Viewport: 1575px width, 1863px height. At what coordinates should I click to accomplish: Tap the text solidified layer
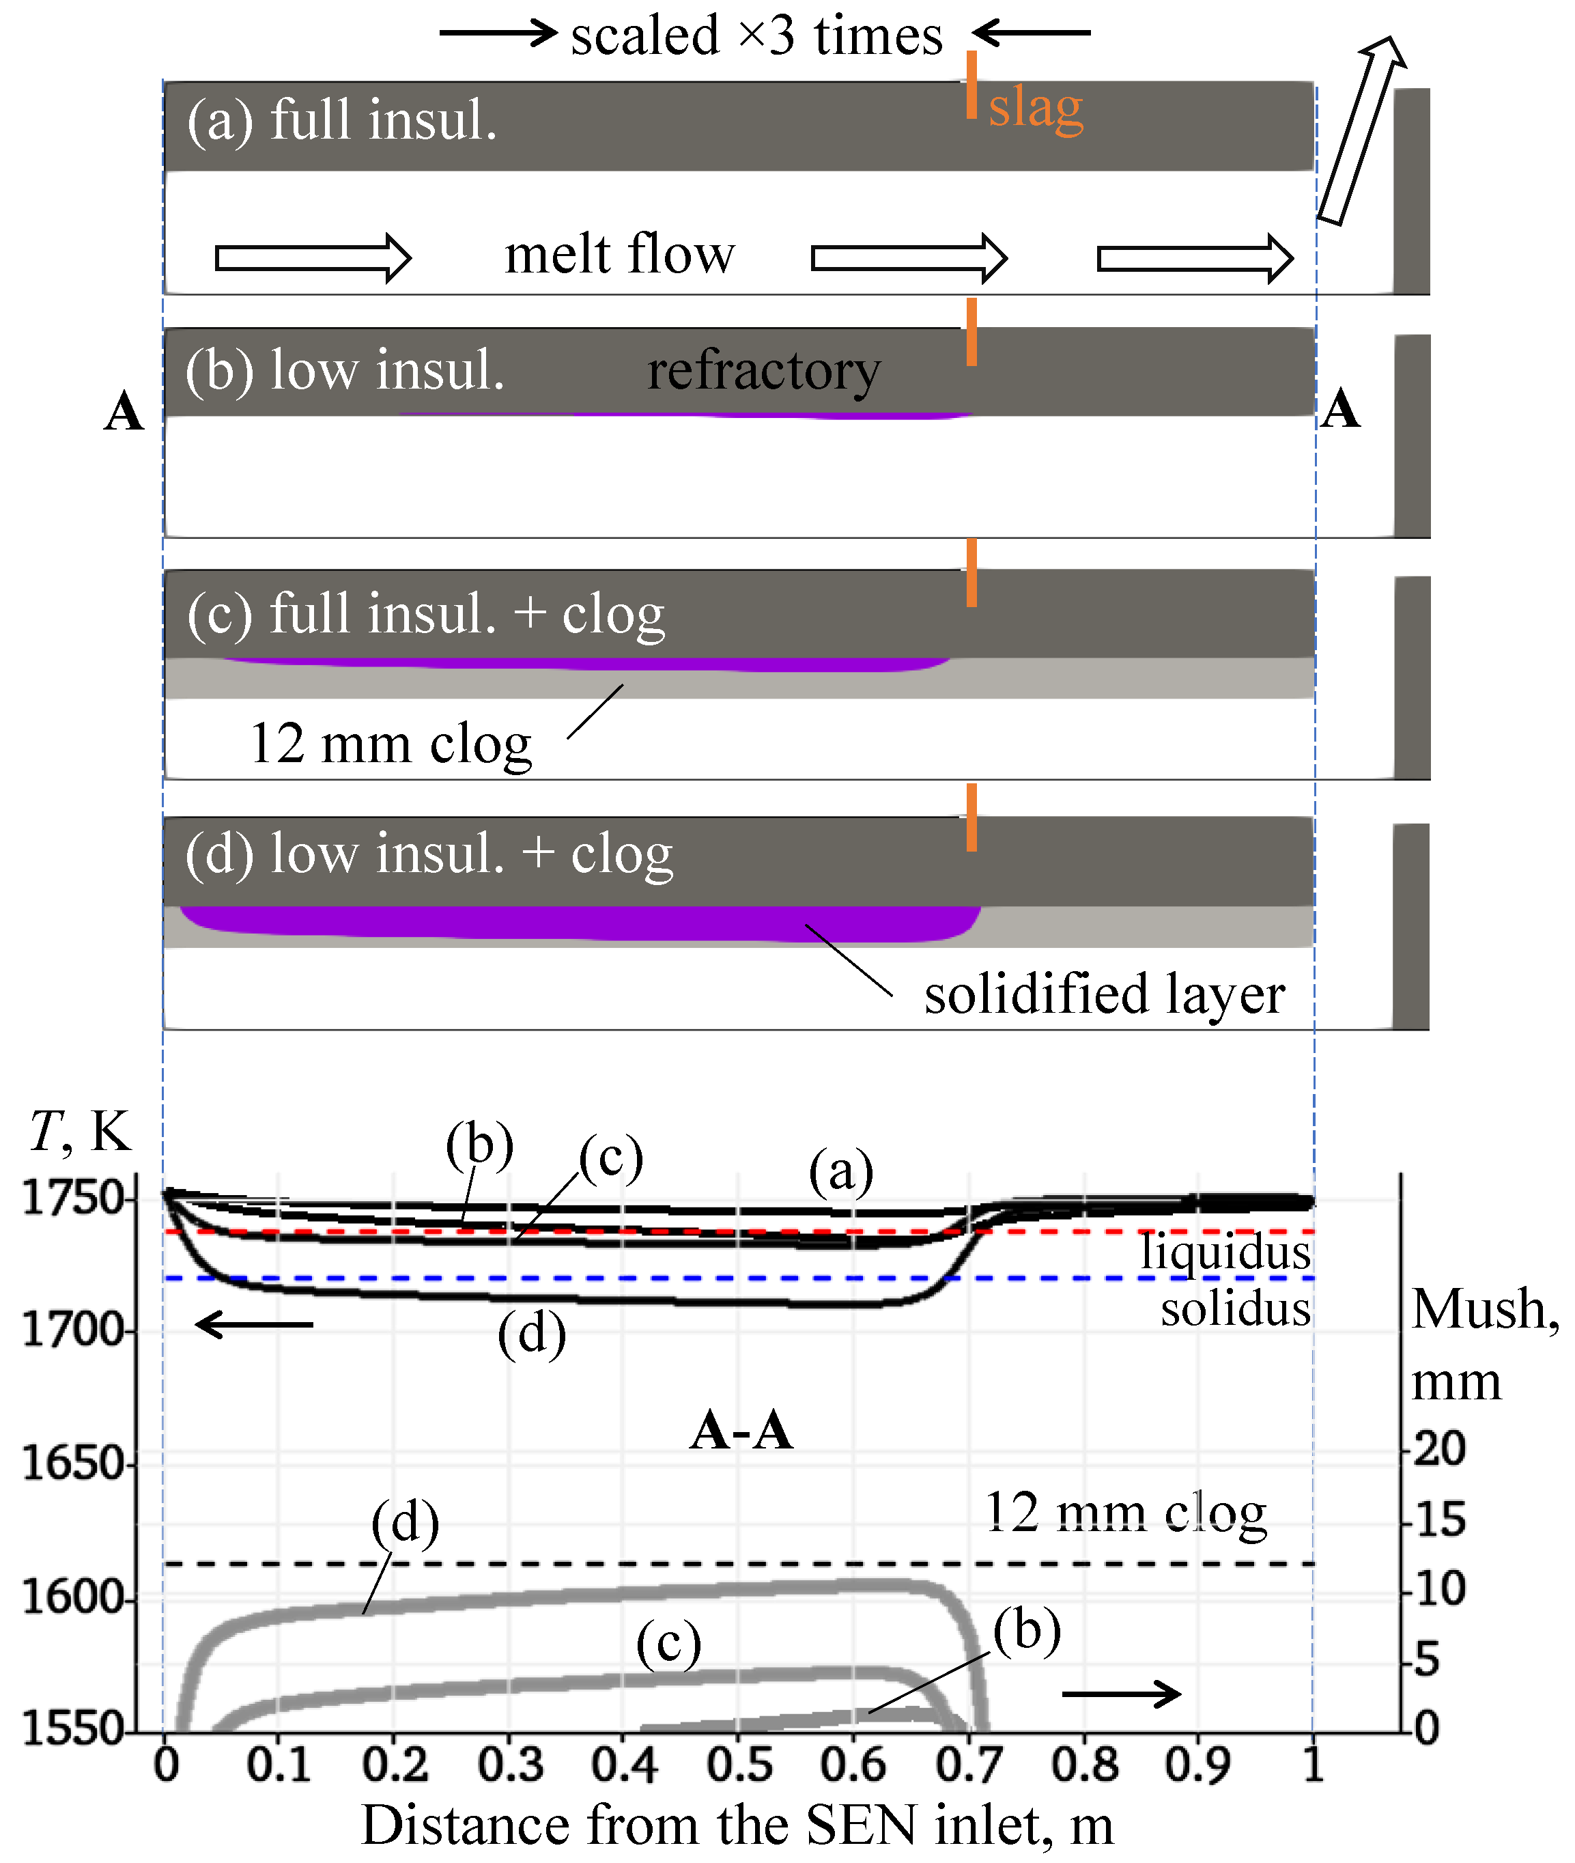click(1105, 994)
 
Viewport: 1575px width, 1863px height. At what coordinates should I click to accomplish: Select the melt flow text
click(620, 255)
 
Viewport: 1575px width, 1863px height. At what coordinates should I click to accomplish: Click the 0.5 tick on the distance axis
click(739, 1765)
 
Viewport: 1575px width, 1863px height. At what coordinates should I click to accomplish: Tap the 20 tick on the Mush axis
click(1439, 1448)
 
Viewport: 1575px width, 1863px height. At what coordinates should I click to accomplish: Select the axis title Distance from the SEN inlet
click(737, 1825)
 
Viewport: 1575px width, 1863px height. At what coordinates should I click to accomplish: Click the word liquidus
click(1225, 1251)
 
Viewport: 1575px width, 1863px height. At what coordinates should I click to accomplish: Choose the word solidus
click(1236, 1308)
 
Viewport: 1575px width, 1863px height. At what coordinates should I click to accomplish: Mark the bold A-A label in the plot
click(741, 1430)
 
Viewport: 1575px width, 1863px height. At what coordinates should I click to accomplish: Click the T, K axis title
click(81, 1132)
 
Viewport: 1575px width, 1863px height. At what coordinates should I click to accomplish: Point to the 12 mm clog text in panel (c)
click(391, 743)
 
